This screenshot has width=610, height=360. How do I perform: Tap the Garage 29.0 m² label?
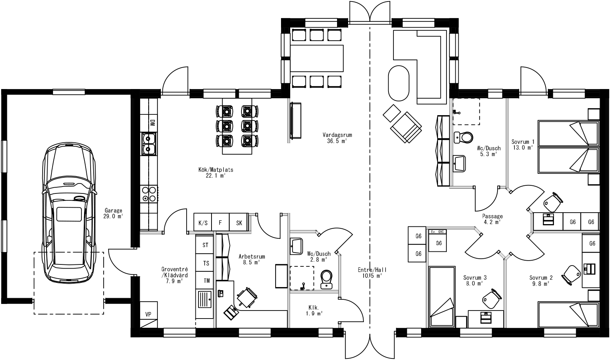[113, 213]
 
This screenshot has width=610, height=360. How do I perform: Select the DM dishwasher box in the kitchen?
[152, 123]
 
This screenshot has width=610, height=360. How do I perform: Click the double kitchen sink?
[148, 143]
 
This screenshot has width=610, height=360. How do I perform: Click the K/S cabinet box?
[203, 223]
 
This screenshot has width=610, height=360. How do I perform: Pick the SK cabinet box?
[239, 223]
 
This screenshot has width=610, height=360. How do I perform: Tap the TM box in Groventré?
[206, 281]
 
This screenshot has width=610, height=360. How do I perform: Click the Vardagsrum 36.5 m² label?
[337, 138]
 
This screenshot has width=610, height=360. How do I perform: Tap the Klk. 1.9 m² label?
[314, 310]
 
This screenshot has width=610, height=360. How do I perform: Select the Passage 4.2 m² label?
[492, 219]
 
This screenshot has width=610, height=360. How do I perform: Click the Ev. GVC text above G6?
[438, 232]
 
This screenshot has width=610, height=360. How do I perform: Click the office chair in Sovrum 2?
[571, 273]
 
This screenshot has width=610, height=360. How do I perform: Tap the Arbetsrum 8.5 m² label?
[251, 259]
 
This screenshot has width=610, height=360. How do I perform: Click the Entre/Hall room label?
[372, 272]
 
